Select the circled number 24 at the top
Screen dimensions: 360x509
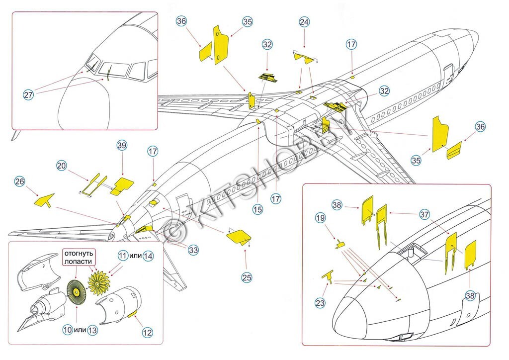click(304, 22)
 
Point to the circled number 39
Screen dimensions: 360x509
click(121, 145)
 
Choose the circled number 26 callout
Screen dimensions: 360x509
click(19, 182)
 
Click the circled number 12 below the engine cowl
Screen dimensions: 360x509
click(148, 332)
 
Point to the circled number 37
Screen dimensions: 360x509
click(424, 214)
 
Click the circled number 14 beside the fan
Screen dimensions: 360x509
click(148, 256)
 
